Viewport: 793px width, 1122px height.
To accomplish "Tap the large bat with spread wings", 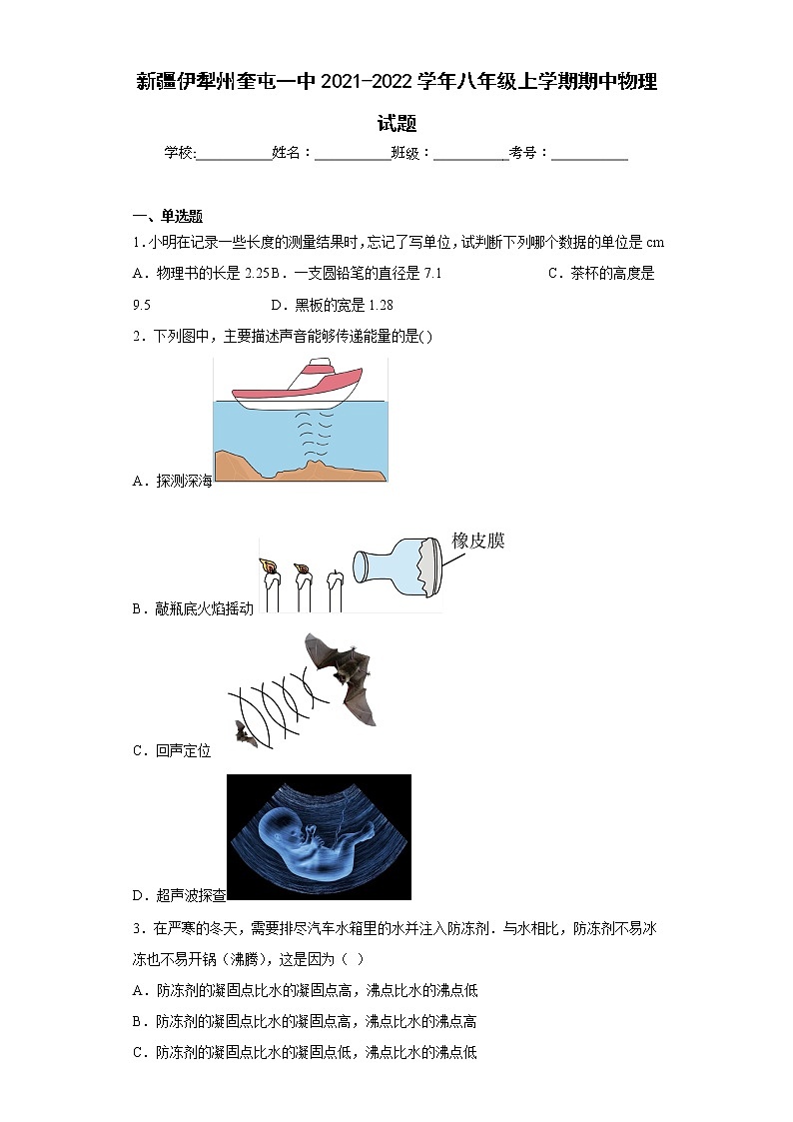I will click(x=345, y=669).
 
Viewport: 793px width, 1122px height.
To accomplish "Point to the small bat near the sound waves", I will click(x=243, y=733).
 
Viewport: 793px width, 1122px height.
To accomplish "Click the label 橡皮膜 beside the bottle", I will click(x=478, y=542).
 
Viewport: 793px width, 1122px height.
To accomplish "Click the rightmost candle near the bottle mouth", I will click(x=337, y=591).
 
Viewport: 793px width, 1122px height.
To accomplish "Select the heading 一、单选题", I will click(x=168, y=216).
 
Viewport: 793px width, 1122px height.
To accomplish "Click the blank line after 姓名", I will click(x=353, y=154).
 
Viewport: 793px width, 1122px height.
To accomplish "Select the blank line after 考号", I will click(x=589, y=154).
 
